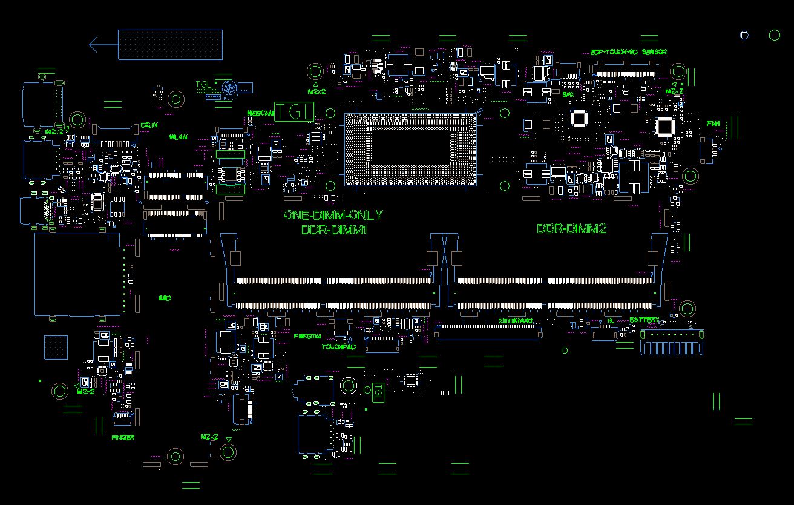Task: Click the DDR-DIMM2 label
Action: pyautogui.click(x=572, y=229)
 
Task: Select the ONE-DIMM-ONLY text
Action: pyautogui.click(x=333, y=215)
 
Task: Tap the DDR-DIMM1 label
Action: pyautogui.click(x=334, y=230)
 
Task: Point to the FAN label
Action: pyautogui.click(x=713, y=124)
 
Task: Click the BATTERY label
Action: pyautogui.click(x=645, y=320)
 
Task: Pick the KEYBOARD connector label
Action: pyautogui.click(x=516, y=320)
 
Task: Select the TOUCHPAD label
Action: pyautogui.click(x=338, y=348)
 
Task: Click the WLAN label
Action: pyautogui.click(x=178, y=137)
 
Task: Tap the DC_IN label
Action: pyautogui.click(x=149, y=125)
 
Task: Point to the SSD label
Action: pyautogui.click(x=164, y=299)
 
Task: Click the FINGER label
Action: pyautogui.click(x=123, y=437)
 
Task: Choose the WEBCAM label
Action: pyautogui.click(x=261, y=113)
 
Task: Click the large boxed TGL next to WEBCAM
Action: pyautogui.click(x=295, y=111)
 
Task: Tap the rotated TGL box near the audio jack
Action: pyautogui.click(x=378, y=392)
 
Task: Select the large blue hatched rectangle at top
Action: pyautogui.click(x=170, y=45)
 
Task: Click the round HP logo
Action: pyautogui.click(x=229, y=88)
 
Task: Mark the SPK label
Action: pyautogui.click(x=568, y=94)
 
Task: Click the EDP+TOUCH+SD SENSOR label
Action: pyautogui.click(x=628, y=52)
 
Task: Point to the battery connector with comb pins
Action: pyautogui.click(x=672, y=343)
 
